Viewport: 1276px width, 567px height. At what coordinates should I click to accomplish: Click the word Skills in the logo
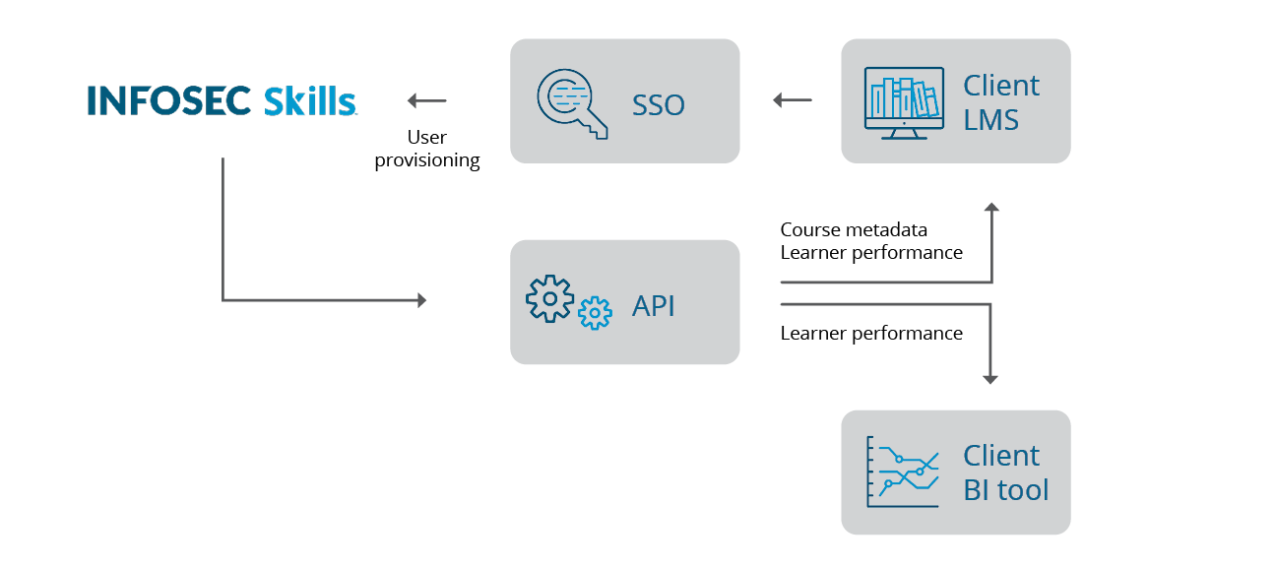[310, 100]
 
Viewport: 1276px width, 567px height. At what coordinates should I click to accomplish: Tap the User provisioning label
[427, 149]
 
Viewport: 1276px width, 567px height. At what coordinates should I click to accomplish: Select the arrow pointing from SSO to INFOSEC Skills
[426, 100]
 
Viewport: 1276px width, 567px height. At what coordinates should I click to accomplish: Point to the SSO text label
[658, 104]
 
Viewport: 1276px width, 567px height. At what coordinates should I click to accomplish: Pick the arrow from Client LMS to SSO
[793, 100]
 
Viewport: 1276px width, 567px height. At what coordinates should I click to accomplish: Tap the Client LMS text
[1001, 102]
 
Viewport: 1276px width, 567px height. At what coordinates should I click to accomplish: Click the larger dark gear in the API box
[549, 297]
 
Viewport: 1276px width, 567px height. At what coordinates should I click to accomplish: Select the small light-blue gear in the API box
[595, 313]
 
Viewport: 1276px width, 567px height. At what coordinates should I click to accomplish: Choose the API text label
[654, 306]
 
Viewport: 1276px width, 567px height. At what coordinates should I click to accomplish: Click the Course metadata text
[854, 229]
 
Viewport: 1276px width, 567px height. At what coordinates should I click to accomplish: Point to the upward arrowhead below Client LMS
[991, 209]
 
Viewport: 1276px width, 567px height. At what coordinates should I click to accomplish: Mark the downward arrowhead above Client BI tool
[991, 378]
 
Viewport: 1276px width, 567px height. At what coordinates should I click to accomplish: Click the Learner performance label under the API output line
[871, 333]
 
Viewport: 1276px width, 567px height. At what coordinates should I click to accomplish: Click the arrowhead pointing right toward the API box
[422, 300]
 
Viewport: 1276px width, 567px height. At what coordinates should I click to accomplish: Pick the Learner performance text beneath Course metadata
[871, 252]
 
